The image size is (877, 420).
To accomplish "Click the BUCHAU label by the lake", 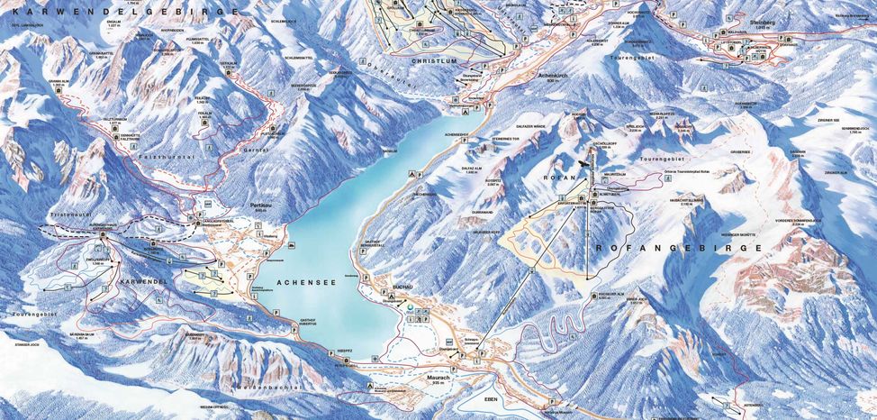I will (402, 286).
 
